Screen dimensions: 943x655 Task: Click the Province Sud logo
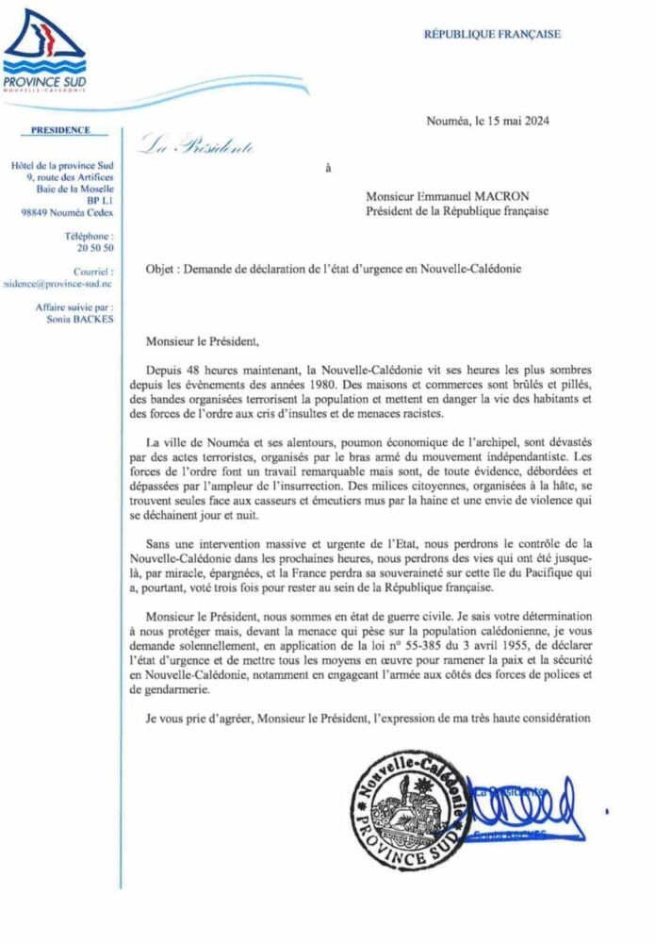point(43,52)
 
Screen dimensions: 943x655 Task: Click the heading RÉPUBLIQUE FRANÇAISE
point(491,34)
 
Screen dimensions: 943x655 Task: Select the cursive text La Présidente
point(197,144)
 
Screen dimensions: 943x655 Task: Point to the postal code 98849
point(37,212)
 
